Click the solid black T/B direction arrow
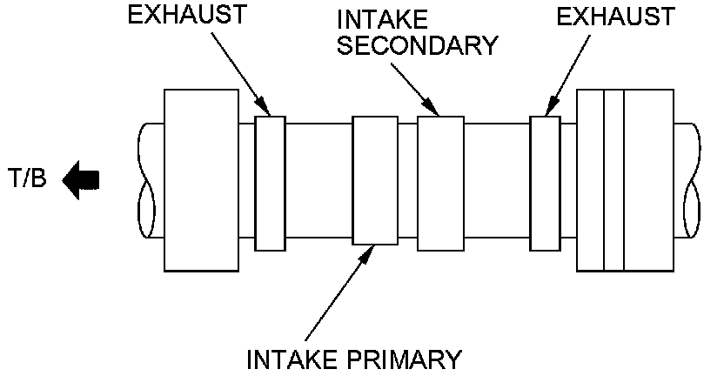pos(82,180)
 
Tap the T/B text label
pos(31,181)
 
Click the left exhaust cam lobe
pos(270,183)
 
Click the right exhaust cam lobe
pos(545,183)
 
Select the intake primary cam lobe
pos(375,183)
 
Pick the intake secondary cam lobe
pos(440,183)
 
